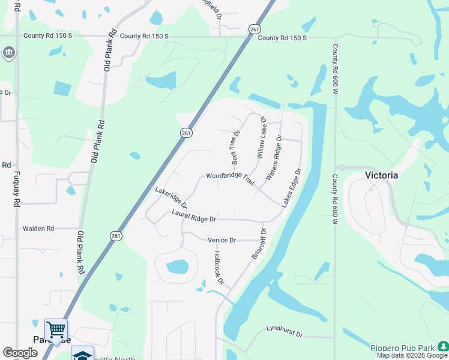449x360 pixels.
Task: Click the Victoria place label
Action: (x=382, y=175)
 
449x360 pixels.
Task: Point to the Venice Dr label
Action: (x=221, y=240)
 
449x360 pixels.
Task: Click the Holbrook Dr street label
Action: (x=218, y=268)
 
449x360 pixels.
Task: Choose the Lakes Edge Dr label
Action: (x=291, y=188)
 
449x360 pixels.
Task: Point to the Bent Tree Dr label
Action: (x=235, y=147)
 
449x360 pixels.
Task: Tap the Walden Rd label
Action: (x=38, y=229)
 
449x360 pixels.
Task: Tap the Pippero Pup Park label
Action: (x=402, y=348)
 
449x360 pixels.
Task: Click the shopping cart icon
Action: (x=56, y=329)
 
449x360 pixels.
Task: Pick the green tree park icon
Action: (x=443, y=346)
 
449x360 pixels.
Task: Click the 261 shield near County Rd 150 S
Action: (x=255, y=29)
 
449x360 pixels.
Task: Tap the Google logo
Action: (x=20, y=353)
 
